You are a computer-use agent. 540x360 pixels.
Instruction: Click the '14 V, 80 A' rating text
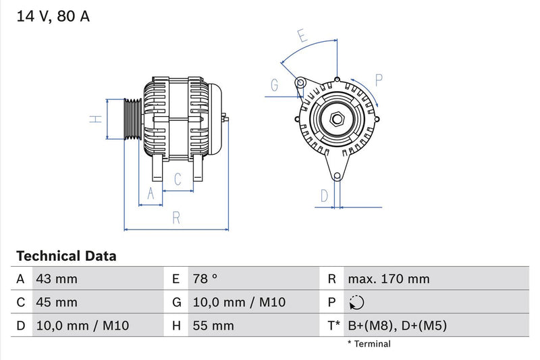click(52, 17)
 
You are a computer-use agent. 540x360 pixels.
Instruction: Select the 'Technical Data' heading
click(65, 256)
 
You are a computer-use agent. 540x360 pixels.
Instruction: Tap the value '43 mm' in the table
click(56, 279)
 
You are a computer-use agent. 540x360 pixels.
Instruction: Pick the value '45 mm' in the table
click(56, 303)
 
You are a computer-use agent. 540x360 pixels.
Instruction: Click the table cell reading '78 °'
click(205, 279)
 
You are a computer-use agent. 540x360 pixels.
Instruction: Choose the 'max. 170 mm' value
click(388, 279)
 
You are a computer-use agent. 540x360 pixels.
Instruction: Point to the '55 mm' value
click(213, 326)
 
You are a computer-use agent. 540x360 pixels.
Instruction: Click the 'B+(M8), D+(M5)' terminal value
click(397, 326)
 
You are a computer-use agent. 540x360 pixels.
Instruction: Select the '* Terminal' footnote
click(369, 344)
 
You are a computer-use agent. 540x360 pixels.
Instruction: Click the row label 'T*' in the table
click(333, 326)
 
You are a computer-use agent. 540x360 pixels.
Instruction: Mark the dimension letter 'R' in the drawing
click(175, 217)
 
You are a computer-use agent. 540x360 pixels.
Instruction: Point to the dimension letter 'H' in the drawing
click(97, 119)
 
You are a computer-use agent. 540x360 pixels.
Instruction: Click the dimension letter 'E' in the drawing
click(302, 36)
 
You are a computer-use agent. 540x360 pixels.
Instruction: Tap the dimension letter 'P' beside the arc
click(379, 80)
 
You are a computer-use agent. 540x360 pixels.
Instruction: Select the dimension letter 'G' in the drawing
click(275, 85)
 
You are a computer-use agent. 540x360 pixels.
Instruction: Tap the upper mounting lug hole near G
click(300, 83)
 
